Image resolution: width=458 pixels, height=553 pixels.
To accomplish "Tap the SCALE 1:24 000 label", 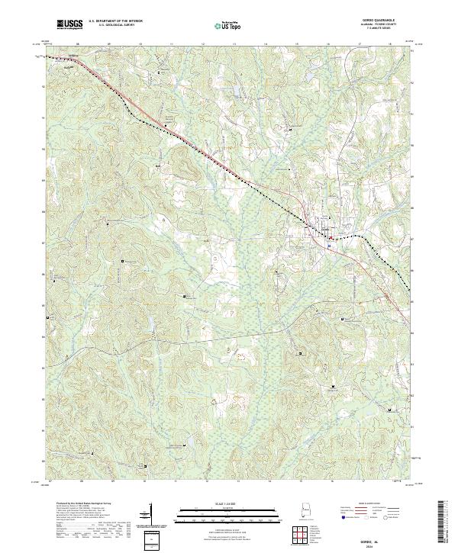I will [x=228, y=503].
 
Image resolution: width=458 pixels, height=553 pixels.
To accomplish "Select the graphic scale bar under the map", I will [x=228, y=513].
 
